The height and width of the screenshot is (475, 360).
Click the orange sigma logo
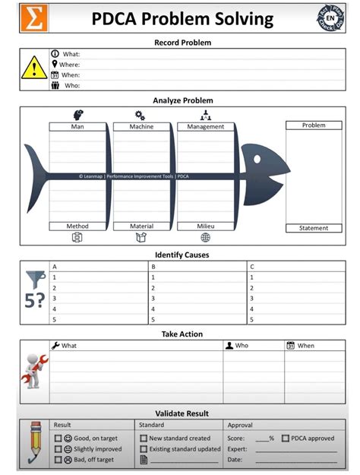pos(33,18)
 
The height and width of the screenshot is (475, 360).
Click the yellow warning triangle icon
pos(33,69)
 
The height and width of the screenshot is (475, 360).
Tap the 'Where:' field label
pos(69,65)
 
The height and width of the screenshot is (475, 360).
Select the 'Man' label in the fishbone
pos(77,127)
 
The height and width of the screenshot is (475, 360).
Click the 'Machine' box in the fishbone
pos(141,127)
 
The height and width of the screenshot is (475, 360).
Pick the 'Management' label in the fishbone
pos(205,127)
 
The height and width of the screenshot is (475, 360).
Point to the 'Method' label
pos(77,226)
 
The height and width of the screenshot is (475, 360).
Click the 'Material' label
pos(141,226)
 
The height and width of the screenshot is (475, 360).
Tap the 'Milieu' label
pos(205,226)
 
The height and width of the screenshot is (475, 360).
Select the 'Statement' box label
pos(314,228)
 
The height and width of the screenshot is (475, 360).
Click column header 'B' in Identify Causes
pos(154,267)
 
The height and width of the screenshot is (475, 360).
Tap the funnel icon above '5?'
pos(33,279)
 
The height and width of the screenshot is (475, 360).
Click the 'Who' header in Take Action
pos(241,346)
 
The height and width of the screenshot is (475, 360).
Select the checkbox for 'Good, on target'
pos(58,439)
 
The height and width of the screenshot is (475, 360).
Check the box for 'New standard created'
pos(144,439)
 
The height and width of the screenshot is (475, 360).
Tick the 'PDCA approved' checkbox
pos(285,439)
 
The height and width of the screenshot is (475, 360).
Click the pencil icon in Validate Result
pos(33,443)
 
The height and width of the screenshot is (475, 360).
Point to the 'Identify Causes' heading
pos(182,255)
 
